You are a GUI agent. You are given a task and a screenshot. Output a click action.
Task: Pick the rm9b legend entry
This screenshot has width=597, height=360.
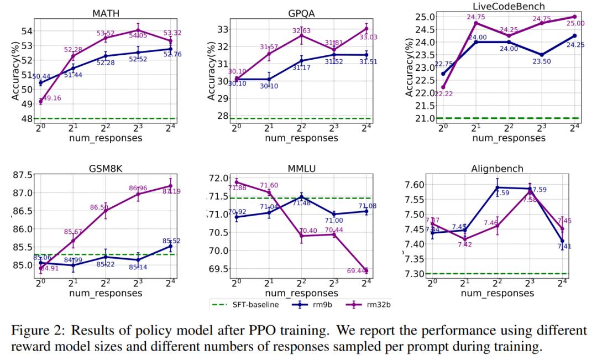click(308, 304)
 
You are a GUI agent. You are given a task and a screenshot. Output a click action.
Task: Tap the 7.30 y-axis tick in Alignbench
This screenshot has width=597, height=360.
click(419, 274)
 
